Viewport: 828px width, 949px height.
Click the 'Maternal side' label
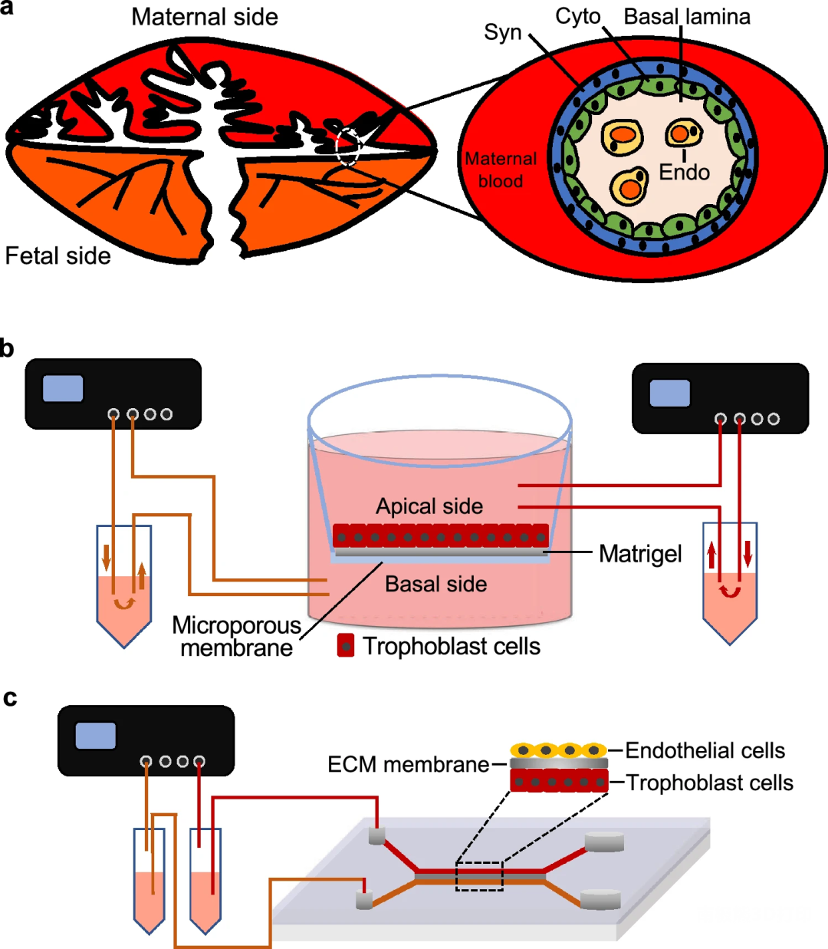[x=205, y=17]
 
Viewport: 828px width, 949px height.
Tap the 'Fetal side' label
[x=58, y=255]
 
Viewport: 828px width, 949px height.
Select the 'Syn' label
[x=503, y=33]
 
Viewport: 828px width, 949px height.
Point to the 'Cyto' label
[x=578, y=17]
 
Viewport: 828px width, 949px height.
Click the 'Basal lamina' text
[x=687, y=17]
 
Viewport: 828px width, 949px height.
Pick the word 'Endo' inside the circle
[x=684, y=173]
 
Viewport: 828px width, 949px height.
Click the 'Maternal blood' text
[x=501, y=170]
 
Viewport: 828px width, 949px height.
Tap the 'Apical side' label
[x=429, y=506]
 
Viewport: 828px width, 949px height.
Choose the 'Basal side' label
[x=435, y=585]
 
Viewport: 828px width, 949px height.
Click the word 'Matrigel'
[x=640, y=553]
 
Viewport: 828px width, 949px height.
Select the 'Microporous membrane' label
[x=236, y=637]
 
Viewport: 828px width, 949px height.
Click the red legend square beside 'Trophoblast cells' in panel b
[x=346, y=646]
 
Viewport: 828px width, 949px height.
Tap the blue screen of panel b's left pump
[x=63, y=388]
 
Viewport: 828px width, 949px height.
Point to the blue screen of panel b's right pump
[x=670, y=393]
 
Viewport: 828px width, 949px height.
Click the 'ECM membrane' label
[x=408, y=765]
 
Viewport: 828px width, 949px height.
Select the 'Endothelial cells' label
[x=705, y=750]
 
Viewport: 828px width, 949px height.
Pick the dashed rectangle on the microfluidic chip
[x=479, y=876]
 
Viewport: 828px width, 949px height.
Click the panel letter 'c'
[x=10, y=699]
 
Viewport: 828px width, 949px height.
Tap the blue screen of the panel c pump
[x=96, y=736]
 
